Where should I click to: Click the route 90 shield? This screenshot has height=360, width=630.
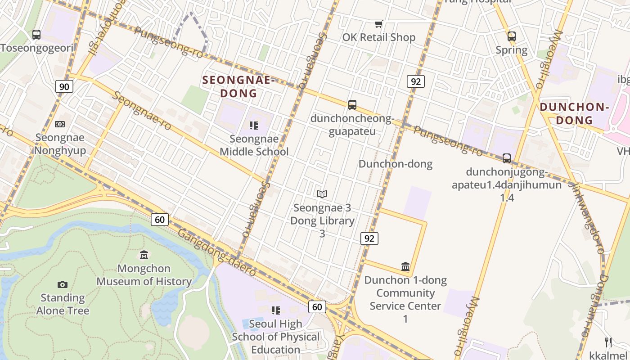coord(64,86)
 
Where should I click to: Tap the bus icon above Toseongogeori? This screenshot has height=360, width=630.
coord(36,34)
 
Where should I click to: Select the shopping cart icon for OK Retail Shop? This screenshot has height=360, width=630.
coord(379,24)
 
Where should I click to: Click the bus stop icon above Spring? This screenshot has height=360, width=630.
coord(511,36)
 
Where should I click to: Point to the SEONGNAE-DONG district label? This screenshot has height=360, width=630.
coord(238,87)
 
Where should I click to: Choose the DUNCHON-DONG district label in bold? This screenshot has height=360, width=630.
coord(574,113)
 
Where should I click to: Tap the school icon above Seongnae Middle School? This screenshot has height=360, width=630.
coord(254,125)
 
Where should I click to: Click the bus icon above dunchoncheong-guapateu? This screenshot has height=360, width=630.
coord(352,105)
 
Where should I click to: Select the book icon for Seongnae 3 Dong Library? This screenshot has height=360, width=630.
coord(322,194)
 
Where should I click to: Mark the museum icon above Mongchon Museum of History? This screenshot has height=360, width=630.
coord(144,255)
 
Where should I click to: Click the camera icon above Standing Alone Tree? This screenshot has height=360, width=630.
coord(63,284)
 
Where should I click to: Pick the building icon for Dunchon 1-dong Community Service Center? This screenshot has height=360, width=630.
coord(405,266)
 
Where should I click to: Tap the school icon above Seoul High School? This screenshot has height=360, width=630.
coord(276,310)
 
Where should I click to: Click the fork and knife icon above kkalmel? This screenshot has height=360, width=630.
coord(608,342)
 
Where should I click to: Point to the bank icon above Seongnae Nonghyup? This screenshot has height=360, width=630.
coord(60,124)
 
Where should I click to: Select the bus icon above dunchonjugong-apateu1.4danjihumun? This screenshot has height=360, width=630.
coord(507,158)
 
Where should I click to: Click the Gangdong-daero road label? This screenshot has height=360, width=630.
coord(216,252)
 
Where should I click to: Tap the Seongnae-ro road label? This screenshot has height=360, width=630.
coord(142,111)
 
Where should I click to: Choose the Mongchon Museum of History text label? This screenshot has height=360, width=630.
coord(144,275)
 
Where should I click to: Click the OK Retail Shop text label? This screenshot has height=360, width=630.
coord(379,37)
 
